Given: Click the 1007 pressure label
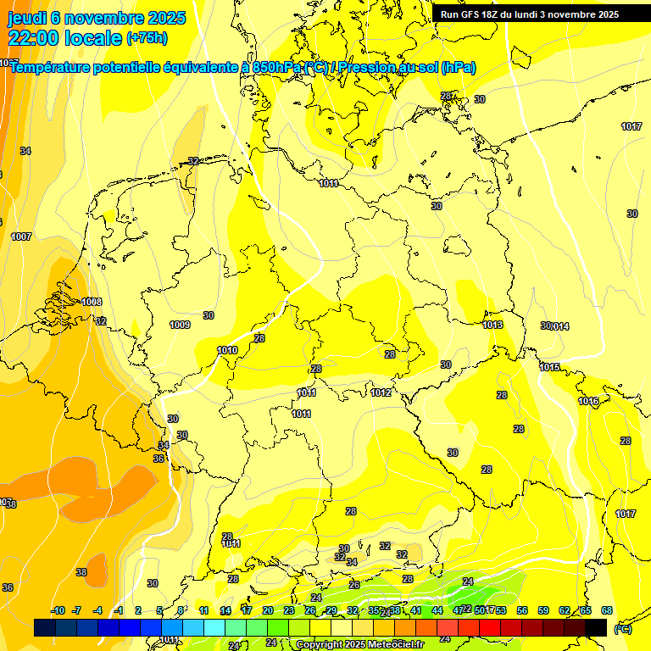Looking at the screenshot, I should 21,236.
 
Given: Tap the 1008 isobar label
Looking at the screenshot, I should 92,302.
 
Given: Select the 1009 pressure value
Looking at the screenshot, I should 180,325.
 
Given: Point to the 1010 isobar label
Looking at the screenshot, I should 227,350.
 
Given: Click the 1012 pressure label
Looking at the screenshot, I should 381,392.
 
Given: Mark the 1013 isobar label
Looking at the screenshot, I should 492,325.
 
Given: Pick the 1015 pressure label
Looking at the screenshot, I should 550,367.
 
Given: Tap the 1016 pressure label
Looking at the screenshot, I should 588,401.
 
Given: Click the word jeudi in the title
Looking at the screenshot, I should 28,18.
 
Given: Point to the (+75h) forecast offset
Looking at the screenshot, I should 147,38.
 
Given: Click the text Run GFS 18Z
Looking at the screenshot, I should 471,14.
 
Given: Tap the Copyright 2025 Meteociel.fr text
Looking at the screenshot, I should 359,645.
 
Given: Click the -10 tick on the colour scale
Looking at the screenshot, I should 58,610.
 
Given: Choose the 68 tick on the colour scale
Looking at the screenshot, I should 607,610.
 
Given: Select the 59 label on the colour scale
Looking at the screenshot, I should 543,610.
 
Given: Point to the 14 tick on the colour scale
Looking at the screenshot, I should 225,610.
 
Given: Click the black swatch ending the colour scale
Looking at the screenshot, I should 596,627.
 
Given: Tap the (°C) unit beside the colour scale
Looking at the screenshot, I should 623,628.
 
